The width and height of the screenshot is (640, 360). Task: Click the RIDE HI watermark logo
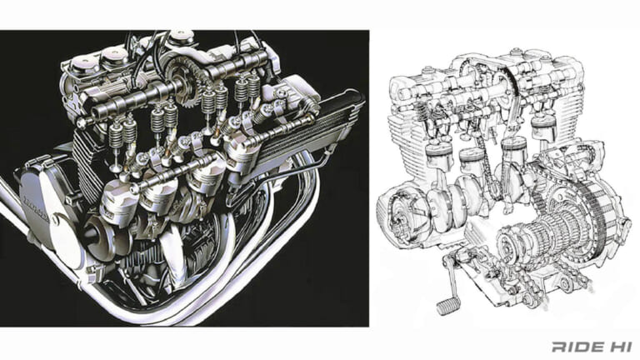click(x=590, y=345)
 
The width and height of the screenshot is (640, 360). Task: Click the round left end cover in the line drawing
click(x=398, y=208)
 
